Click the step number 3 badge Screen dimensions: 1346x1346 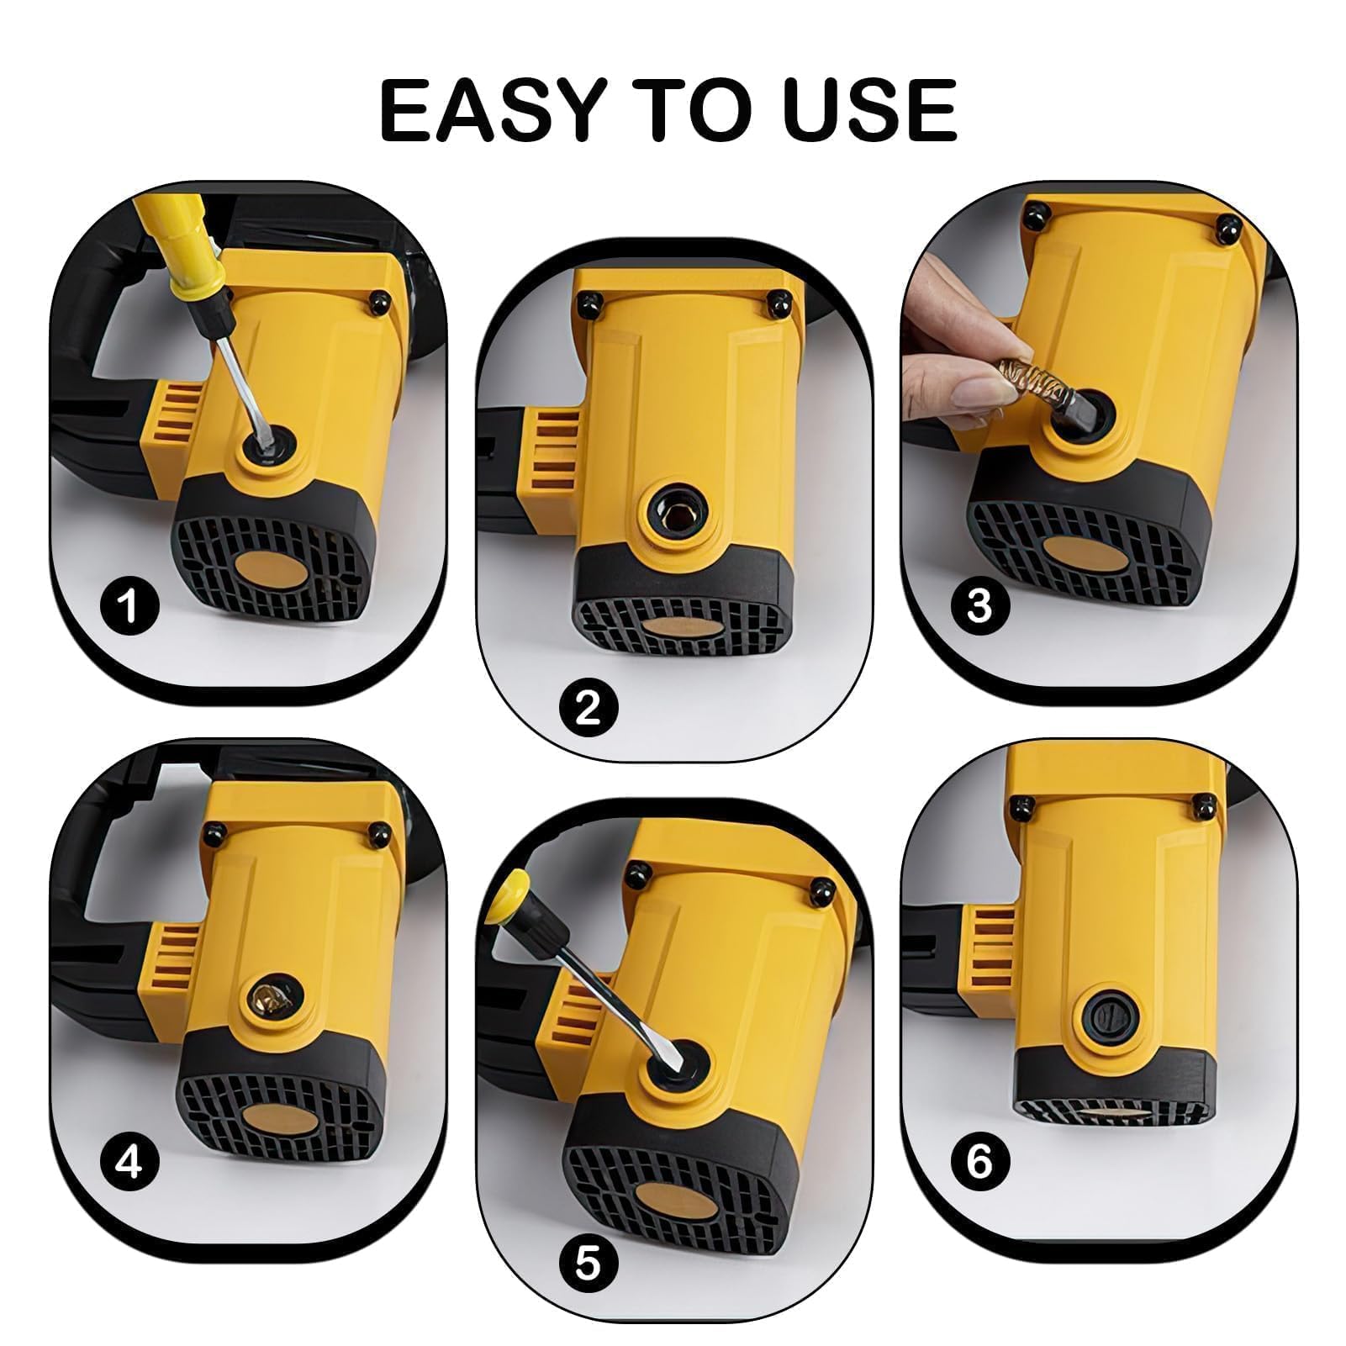979,604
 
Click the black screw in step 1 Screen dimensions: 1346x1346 380,300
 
